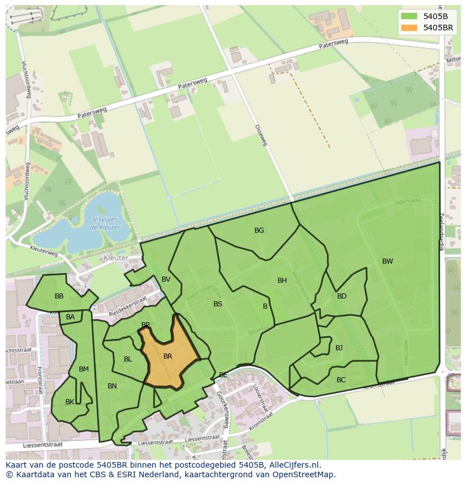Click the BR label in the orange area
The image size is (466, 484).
[x=168, y=356]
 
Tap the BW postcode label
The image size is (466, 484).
[x=388, y=261]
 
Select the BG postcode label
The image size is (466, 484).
[x=259, y=230]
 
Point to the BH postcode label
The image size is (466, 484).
[x=282, y=281]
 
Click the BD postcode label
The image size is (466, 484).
[x=342, y=296]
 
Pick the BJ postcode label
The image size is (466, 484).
[x=339, y=348]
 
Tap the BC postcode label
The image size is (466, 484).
[x=341, y=380]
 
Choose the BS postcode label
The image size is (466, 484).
[x=218, y=304]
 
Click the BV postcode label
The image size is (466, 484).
[x=166, y=279]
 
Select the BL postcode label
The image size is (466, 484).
[x=128, y=359]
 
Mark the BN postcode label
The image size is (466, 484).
[x=112, y=386]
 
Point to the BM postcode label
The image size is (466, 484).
[x=84, y=369]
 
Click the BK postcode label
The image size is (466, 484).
[x=70, y=402]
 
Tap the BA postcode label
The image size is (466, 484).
[x=70, y=317]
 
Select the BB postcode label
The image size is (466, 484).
[x=59, y=296]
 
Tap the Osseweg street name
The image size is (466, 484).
[x=261, y=135]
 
